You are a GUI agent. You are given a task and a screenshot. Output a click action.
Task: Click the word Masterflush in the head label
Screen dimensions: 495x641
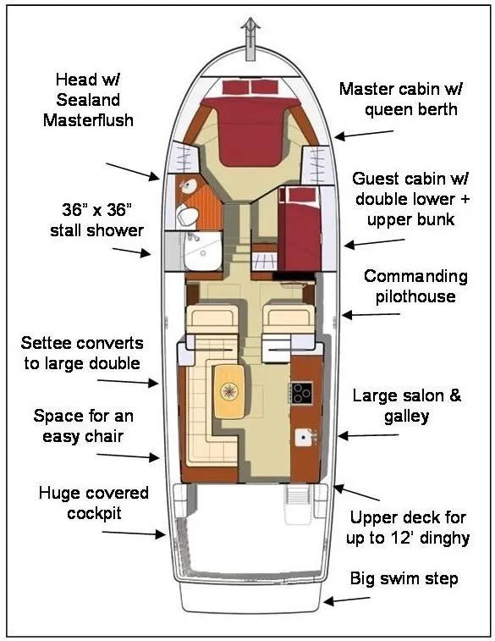click(x=88, y=120)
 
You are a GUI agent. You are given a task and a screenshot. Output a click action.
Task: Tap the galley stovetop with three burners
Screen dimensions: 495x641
click(x=301, y=393)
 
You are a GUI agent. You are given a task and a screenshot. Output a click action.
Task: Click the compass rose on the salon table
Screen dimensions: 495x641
click(x=229, y=391)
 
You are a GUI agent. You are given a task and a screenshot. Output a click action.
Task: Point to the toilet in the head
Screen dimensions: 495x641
click(x=187, y=214)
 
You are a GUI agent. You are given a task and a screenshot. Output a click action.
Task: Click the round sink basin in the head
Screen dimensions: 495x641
click(x=189, y=186)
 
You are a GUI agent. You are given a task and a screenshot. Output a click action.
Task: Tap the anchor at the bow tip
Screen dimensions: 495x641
click(x=250, y=40)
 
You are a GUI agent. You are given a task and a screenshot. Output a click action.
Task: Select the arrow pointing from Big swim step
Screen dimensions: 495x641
click(x=347, y=600)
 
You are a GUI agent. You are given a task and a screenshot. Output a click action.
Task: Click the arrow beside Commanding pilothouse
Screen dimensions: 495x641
click(x=371, y=314)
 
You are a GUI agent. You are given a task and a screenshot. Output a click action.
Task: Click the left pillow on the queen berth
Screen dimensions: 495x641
click(x=236, y=87)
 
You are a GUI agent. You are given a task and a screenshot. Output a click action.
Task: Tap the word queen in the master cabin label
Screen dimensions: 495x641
click(x=385, y=110)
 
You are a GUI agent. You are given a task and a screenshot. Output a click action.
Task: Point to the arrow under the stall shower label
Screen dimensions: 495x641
click(x=131, y=251)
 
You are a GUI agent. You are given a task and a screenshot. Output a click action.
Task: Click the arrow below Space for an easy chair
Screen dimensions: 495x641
click(x=128, y=456)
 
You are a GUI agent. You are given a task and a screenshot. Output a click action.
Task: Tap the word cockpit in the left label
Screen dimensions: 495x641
click(x=94, y=513)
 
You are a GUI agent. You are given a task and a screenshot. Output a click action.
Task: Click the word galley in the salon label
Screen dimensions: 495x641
click(x=406, y=417)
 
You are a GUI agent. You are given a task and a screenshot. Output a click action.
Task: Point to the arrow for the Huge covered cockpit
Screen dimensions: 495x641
click(x=134, y=533)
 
